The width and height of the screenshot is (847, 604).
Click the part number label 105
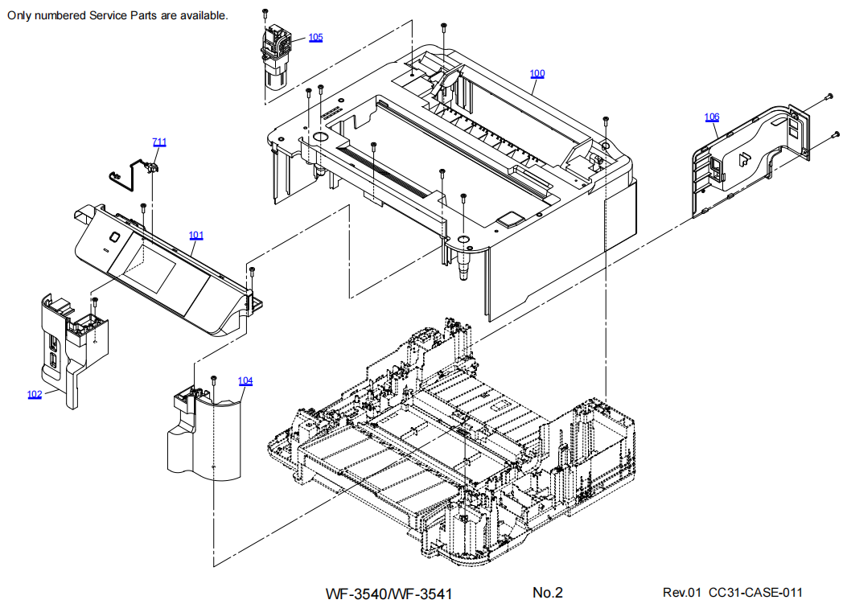click(x=315, y=38)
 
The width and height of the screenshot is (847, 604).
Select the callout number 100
click(x=537, y=74)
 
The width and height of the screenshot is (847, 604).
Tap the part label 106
click(x=712, y=117)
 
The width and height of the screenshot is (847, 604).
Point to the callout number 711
click(x=159, y=142)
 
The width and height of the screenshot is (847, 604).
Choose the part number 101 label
click(x=196, y=236)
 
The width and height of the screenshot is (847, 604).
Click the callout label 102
click(x=35, y=394)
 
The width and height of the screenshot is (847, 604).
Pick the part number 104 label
click(x=245, y=380)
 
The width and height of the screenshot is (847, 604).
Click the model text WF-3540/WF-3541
click(x=389, y=594)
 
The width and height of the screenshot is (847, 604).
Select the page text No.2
click(x=547, y=593)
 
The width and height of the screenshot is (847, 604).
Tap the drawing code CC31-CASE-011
click(x=755, y=593)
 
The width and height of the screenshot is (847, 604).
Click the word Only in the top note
click(x=21, y=15)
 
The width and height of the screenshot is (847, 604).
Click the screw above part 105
click(x=265, y=13)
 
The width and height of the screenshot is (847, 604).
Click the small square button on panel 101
click(x=114, y=237)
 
